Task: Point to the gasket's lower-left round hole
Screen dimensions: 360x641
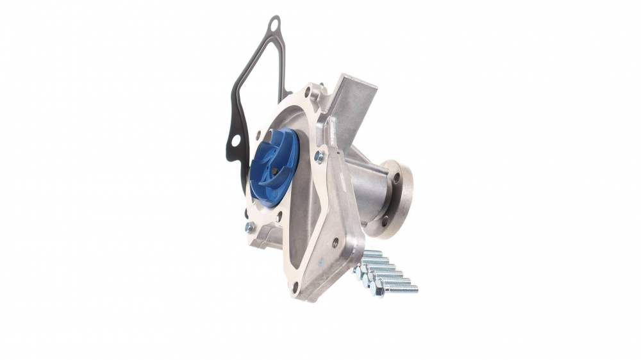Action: [x=235, y=141]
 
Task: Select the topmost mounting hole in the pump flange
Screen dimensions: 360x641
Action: [x=308, y=93]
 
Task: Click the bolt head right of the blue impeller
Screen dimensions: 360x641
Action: [x=319, y=156]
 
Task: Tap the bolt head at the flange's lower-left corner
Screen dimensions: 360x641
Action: [x=249, y=227]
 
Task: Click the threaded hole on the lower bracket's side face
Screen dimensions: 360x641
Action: [x=335, y=242]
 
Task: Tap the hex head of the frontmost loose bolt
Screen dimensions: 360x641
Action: [x=377, y=290]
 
